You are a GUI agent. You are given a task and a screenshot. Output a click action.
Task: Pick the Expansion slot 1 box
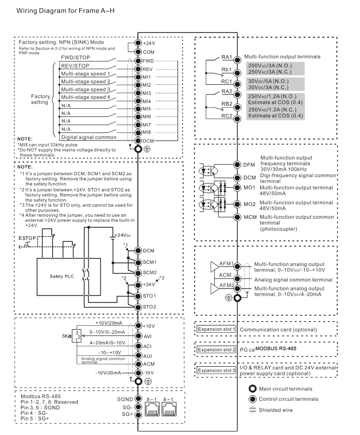click(x=216, y=329)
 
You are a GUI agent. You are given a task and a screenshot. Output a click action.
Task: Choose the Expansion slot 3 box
click(x=216, y=370)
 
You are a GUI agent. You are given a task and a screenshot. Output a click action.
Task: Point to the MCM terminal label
click(x=250, y=217)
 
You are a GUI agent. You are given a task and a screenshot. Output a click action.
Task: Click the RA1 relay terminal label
click(x=227, y=58)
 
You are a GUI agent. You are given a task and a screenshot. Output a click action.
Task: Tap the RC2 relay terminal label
click(x=227, y=116)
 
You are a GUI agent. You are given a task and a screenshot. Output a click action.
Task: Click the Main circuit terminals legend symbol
click(x=254, y=389)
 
